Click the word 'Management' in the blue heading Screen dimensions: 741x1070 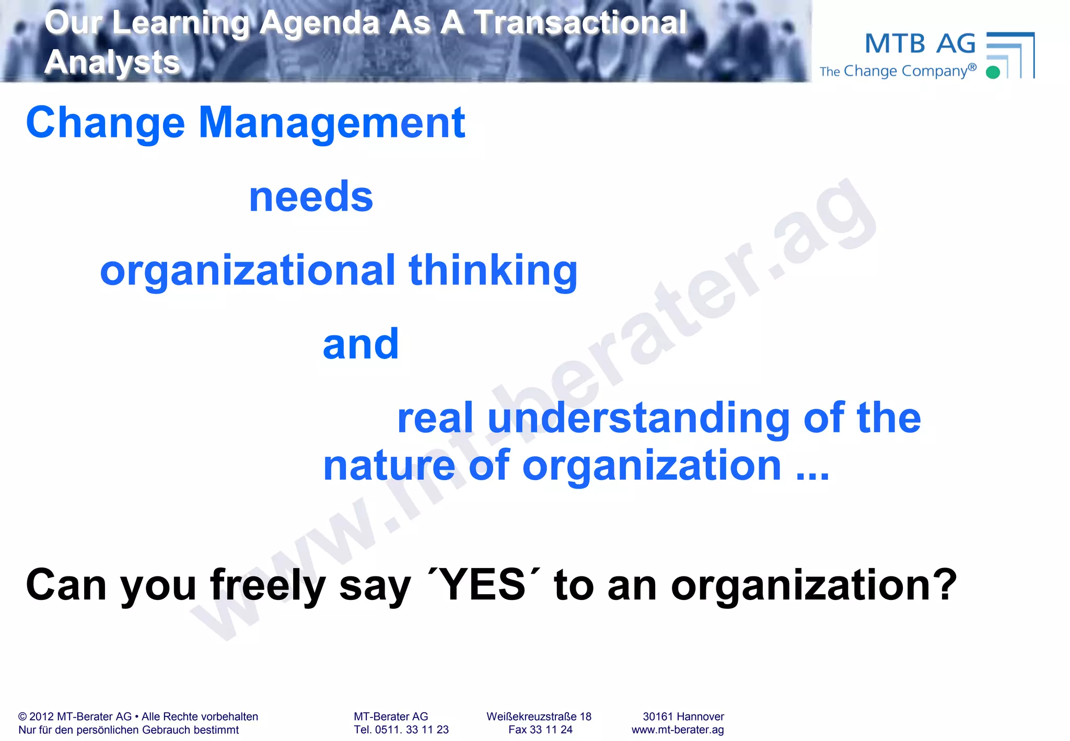(332, 123)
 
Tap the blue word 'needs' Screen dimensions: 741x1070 (311, 197)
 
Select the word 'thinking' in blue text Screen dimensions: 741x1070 (493, 271)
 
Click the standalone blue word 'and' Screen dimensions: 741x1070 (360, 344)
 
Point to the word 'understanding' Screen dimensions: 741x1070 (638, 418)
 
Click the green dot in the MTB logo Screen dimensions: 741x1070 (993, 72)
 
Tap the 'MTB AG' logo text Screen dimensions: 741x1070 (920, 44)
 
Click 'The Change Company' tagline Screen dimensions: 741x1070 (898, 71)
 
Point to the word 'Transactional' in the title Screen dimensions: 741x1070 (580, 23)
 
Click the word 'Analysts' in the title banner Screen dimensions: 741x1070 (112, 62)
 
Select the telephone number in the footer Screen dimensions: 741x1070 (401, 730)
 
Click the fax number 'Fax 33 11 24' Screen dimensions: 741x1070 (540, 730)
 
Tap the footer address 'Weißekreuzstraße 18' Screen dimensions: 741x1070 (539, 716)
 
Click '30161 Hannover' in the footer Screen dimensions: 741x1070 (683, 716)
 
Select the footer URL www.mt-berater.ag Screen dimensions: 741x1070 (677, 730)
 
